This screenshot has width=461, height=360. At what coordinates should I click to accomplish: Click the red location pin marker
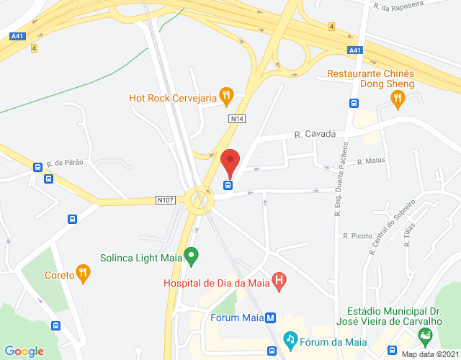(x=230, y=161)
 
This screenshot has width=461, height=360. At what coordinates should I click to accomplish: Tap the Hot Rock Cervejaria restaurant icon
(x=227, y=94)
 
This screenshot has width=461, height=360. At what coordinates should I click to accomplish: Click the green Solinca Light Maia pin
(x=191, y=255)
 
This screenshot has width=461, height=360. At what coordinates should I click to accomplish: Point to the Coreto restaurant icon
(x=84, y=274)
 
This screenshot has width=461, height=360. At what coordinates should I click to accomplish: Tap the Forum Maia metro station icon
(x=270, y=318)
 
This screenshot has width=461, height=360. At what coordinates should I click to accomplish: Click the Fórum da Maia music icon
(x=290, y=338)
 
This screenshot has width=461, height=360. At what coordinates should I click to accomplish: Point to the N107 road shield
(x=166, y=199)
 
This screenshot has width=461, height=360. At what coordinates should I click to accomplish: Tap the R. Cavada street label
(x=315, y=134)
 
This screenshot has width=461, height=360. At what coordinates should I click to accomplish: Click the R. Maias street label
(x=372, y=161)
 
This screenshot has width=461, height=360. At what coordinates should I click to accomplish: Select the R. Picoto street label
(x=357, y=235)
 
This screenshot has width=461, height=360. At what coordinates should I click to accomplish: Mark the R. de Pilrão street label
(x=65, y=163)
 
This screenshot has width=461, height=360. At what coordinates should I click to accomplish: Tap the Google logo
(x=24, y=351)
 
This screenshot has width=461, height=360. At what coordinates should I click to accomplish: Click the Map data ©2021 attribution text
(x=430, y=354)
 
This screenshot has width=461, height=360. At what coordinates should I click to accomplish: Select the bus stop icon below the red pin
(x=228, y=185)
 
